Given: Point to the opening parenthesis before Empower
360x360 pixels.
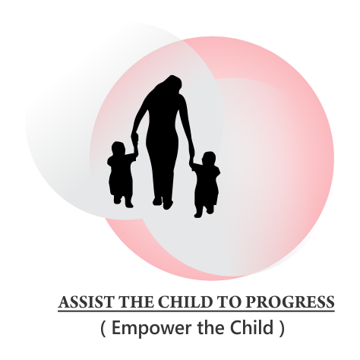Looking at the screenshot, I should point(104,330).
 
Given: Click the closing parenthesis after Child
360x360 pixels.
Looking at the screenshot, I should point(283,330).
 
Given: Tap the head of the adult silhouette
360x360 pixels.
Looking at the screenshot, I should point(169,86).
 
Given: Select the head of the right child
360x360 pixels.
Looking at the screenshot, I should point(207,160).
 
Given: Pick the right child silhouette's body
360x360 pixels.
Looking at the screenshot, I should point(206,185).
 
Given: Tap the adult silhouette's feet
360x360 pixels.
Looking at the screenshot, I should point(163,203).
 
